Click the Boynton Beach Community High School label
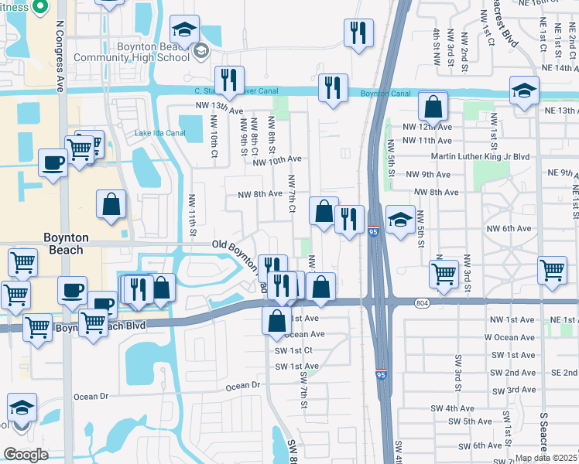pyautogui.click(x=152, y=52)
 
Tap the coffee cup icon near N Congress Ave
pyautogui.click(x=53, y=163)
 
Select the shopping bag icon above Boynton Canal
pyautogui.click(x=433, y=106)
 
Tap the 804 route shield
pyautogui.click(x=421, y=302)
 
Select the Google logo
pyautogui.click(x=26, y=454)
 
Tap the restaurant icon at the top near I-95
pyautogui.click(x=358, y=33)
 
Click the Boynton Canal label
pyautogui.click(x=385, y=94)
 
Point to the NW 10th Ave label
pyautogui.click(x=276, y=159)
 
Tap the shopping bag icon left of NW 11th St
pyautogui.click(x=111, y=205)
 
